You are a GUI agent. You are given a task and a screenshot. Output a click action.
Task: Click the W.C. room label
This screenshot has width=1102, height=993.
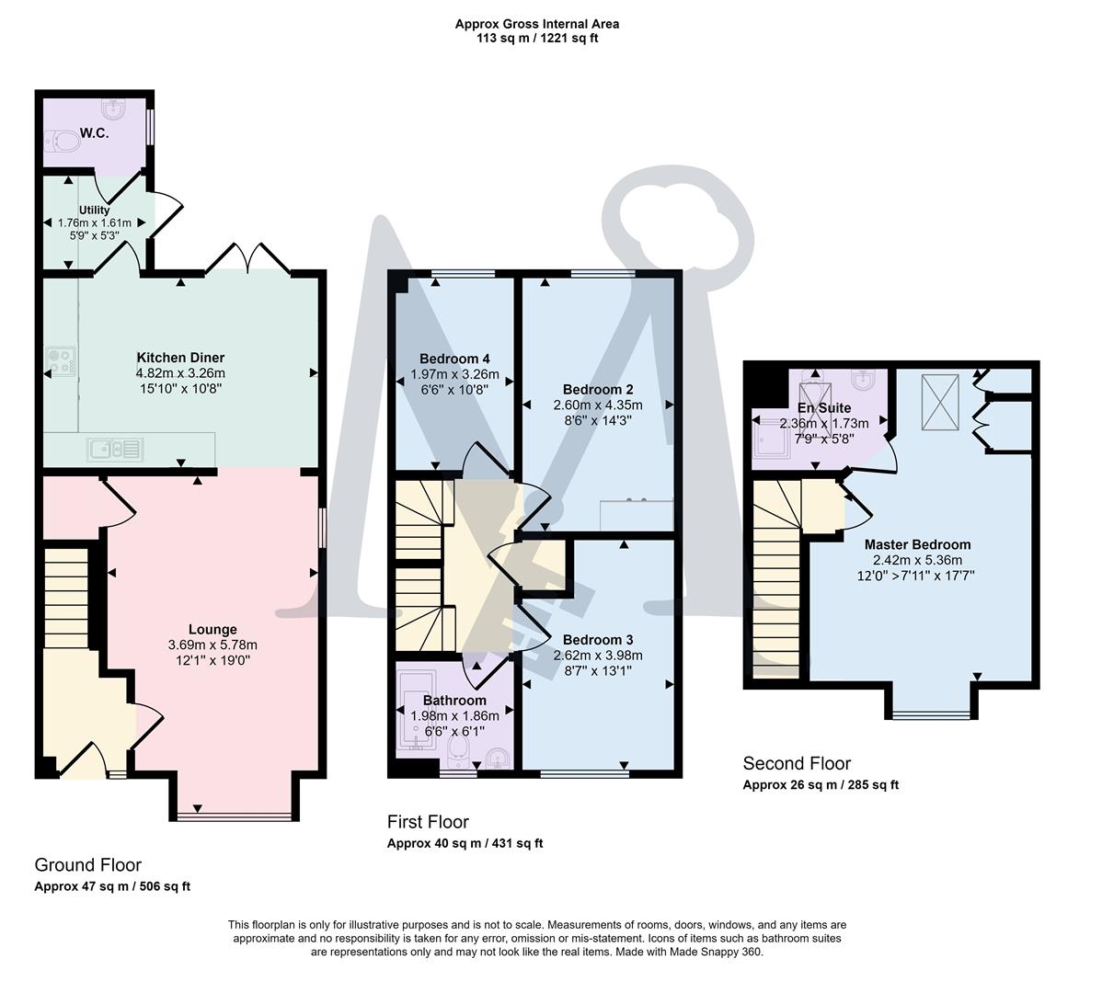pos(94,133)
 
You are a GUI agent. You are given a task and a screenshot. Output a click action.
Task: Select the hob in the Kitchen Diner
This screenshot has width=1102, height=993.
pos(61,361)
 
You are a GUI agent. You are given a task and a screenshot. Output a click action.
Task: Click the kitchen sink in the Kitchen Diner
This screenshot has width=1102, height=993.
pos(114,450)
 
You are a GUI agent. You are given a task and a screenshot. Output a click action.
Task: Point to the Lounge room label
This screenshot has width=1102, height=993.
pos(212,630)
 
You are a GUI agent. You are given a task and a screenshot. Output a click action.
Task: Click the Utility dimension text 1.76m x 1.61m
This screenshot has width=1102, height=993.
pos(94,223)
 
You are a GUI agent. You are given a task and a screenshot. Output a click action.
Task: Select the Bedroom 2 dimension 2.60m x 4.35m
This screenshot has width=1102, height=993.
pos(598,405)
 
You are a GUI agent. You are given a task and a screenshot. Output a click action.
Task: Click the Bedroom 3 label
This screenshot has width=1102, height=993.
pos(598,639)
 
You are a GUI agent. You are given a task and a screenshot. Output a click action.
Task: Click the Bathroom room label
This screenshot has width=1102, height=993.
pos(454,701)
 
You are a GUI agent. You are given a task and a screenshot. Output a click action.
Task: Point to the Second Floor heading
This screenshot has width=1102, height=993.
pos(797,763)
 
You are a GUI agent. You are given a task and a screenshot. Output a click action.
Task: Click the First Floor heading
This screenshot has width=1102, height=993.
pos(428,822)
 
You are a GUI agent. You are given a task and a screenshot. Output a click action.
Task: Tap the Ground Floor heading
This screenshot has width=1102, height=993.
pos(87,864)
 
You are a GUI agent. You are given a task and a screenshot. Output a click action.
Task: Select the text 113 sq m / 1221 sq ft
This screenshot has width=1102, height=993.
pos(537,39)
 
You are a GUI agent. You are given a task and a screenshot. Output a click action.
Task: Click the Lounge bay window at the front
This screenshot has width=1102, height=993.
pos(234,816)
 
